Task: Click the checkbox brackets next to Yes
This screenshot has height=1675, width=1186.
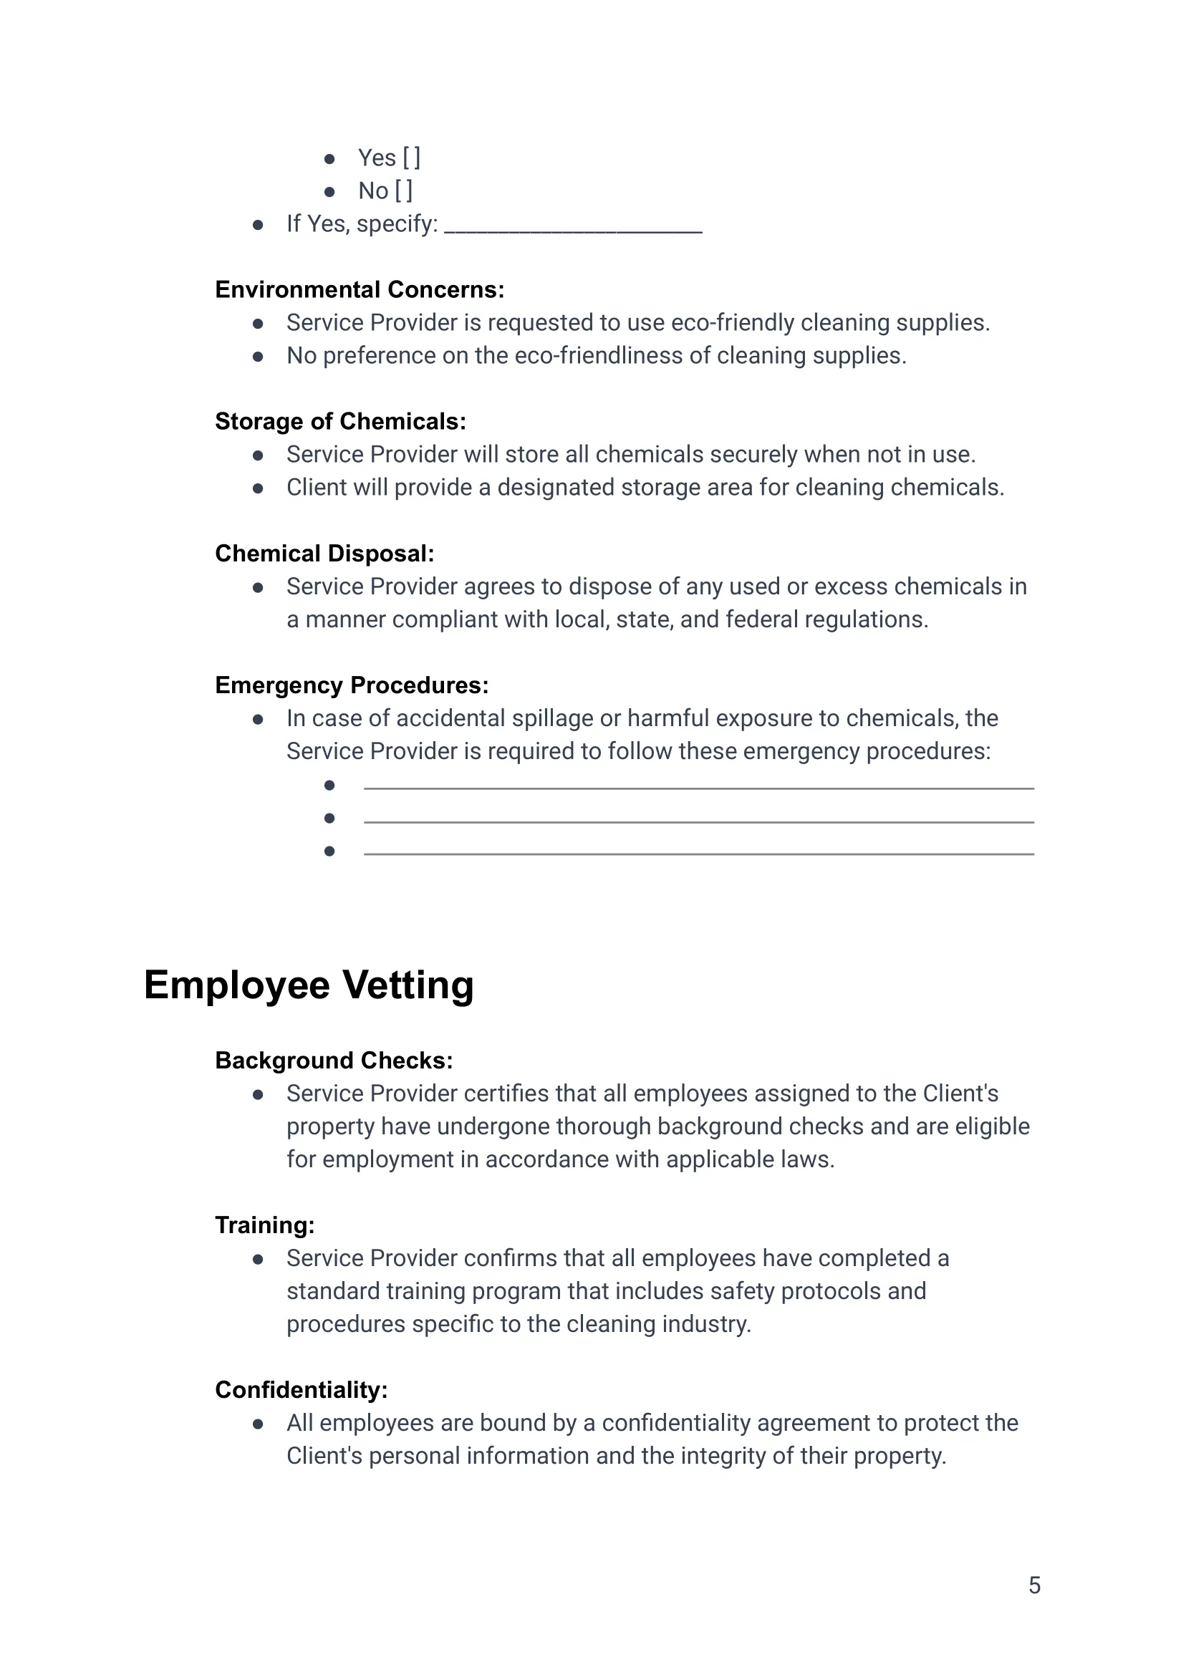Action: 411,158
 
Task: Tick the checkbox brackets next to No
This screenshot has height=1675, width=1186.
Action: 404,190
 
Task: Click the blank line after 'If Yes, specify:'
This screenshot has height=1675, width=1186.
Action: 573,229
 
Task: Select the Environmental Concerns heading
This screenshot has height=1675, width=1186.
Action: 360,290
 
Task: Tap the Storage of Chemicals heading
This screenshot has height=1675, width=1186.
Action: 340,421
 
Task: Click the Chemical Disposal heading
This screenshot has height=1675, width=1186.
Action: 324,554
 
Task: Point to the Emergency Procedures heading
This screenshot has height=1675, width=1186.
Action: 351,685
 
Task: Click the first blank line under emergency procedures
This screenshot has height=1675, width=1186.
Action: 698,786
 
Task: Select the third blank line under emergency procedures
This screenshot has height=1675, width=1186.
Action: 698,852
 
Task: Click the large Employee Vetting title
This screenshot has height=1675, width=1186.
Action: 309,985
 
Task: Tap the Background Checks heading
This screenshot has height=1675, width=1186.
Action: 334,1060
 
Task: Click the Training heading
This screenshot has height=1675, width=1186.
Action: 264,1225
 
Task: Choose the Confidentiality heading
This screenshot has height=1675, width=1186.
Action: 301,1389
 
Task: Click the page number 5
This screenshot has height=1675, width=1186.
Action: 1034,1585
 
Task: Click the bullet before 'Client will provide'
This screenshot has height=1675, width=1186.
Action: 258,488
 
